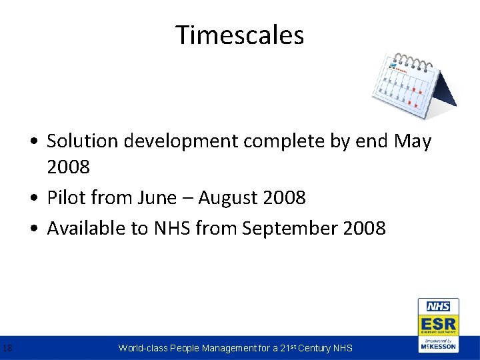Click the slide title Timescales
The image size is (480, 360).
240,35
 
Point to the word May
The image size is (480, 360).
413,142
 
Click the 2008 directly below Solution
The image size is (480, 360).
68,167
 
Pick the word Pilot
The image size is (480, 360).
65,197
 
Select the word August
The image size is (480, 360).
229,198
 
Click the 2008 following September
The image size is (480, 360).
364,228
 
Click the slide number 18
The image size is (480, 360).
7,347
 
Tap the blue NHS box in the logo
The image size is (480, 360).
438,307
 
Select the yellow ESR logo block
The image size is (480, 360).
438,325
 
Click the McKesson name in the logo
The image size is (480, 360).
438,347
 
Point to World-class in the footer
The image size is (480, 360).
143,348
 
